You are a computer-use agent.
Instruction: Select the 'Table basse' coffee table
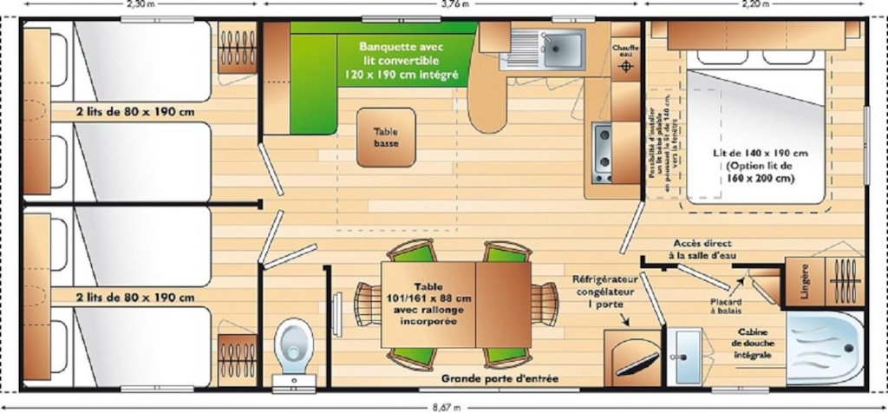pyautogui.click(x=386, y=137)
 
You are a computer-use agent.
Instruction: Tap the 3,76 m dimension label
pyautogui.click(x=454, y=3)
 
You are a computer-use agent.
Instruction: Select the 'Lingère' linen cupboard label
pyautogui.click(x=805, y=280)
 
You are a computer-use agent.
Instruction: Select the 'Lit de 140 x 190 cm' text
pyautogui.click(x=761, y=166)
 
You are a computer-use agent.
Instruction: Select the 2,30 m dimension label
pyautogui.click(x=140, y=3)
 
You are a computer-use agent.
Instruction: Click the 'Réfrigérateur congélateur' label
pyautogui.click(x=605, y=292)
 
